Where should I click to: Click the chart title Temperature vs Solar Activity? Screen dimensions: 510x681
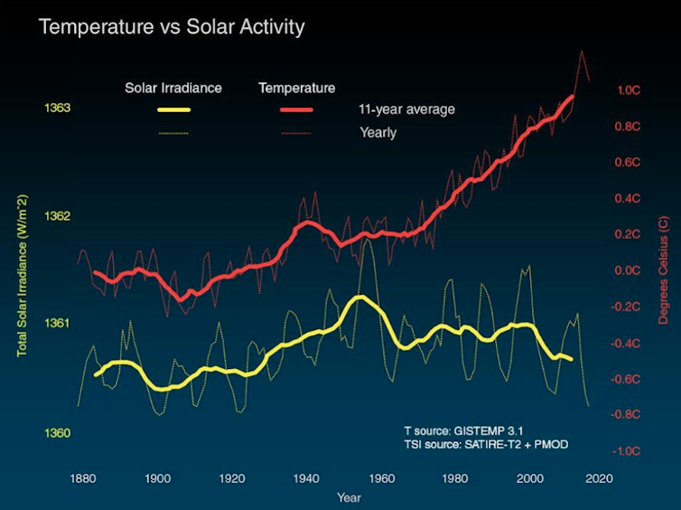coord(172,27)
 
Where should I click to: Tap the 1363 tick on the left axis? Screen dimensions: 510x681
coord(57,109)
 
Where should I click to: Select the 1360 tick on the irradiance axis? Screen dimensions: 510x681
coord(57,433)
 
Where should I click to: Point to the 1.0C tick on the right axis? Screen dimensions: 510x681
coord(629,90)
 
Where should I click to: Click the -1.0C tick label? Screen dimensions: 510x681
coord(628,451)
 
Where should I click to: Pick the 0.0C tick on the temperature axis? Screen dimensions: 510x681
coord(629,270)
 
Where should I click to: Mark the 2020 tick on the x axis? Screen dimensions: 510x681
coord(599,477)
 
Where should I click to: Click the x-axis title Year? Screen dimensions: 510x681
coord(349,497)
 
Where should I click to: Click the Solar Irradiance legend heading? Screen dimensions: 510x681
coord(173,88)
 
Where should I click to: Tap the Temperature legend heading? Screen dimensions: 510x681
coord(296,88)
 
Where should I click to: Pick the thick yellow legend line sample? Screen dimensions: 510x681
coord(173,110)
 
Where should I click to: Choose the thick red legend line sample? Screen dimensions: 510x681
coord(296,110)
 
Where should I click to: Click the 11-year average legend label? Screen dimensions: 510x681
coord(407,110)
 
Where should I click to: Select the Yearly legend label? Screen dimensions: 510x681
coord(378,133)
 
